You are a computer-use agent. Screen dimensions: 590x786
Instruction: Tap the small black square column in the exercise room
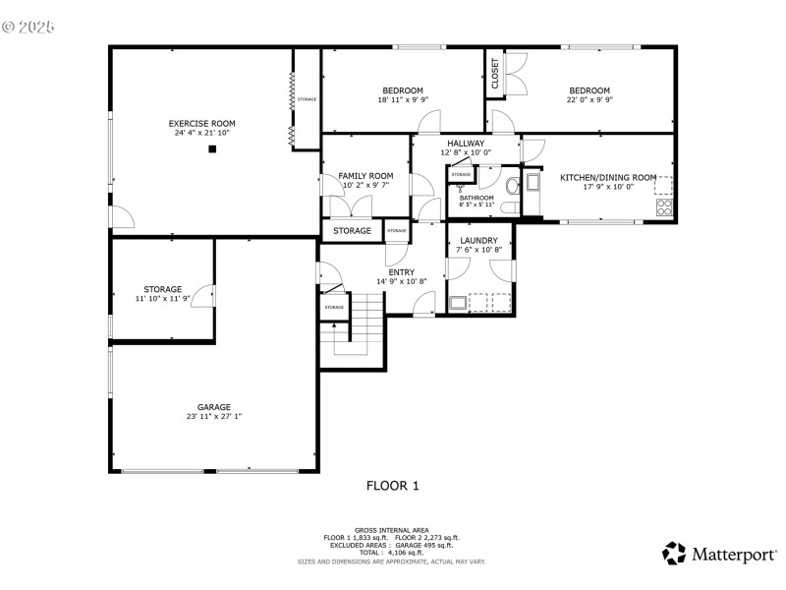(211, 149)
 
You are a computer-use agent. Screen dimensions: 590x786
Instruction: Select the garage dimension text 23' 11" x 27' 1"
(213, 416)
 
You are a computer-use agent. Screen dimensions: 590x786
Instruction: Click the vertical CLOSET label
(494, 75)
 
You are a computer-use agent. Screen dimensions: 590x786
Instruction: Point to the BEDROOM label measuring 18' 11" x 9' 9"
(403, 90)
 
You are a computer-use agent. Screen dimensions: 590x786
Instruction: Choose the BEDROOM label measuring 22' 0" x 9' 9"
(589, 90)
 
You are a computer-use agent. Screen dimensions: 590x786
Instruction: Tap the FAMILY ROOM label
(365, 176)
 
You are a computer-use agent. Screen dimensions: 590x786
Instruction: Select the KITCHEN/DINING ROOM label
(607, 177)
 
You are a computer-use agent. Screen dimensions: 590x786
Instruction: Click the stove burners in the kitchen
(664, 206)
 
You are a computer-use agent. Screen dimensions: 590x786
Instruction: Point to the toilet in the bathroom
(511, 189)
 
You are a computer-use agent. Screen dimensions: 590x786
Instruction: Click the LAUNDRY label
(478, 240)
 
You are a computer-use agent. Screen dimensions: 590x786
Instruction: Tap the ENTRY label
(401, 272)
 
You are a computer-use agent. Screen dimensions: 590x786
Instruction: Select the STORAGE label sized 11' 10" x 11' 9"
(163, 289)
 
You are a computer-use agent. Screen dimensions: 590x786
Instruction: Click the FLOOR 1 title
(392, 485)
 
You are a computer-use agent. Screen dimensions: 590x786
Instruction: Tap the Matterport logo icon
(674, 554)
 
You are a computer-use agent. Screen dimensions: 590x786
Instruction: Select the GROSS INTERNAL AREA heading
(392, 530)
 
